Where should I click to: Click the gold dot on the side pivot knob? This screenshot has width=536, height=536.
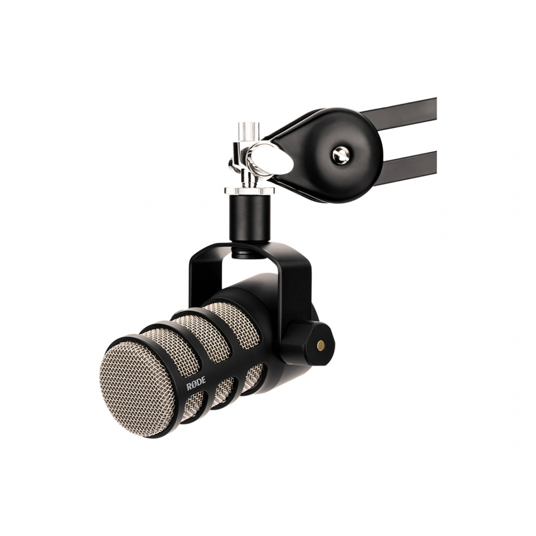[322, 345]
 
